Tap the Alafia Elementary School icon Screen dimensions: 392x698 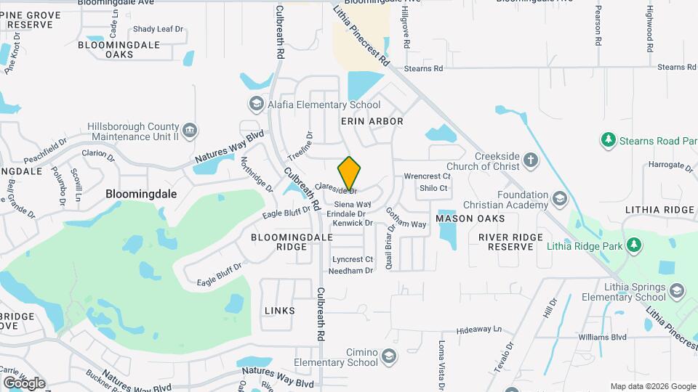255,105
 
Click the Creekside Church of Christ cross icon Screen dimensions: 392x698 531,160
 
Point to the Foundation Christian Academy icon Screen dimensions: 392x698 559,198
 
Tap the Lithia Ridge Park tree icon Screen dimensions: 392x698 635,245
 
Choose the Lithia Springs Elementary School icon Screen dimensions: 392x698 677,291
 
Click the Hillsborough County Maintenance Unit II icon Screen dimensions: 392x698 190,131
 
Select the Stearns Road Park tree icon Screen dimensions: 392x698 608,139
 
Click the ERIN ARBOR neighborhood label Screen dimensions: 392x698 372,121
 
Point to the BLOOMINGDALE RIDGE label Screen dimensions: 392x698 280,242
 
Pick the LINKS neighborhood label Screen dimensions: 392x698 280,311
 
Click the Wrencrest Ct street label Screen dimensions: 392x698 428,176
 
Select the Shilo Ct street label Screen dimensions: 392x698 433,188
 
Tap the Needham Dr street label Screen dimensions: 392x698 350,271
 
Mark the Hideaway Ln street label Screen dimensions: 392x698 479,329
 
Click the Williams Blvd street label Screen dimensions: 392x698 602,338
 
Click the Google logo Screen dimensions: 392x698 24,383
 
